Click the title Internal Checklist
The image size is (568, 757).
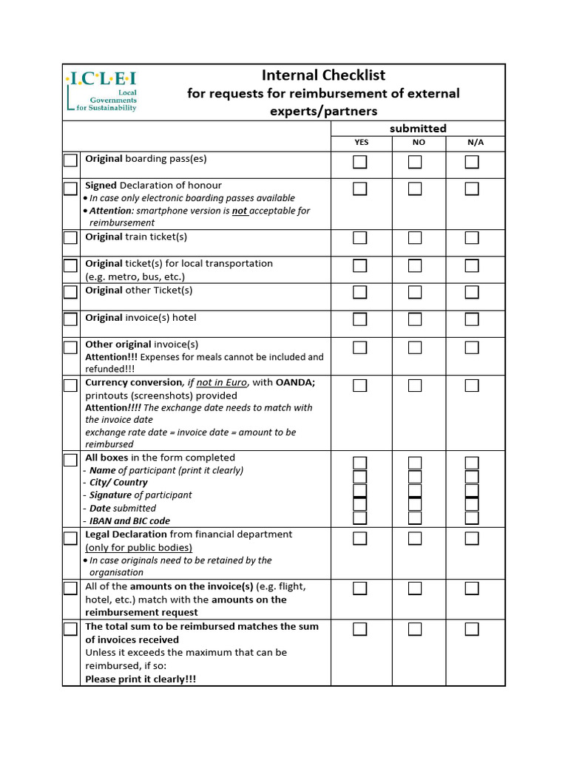pyautogui.click(x=323, y=75)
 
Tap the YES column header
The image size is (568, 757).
pyautogui.click(x=361, y=143)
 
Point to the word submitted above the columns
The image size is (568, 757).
pyautogui.click(x=418, y=129)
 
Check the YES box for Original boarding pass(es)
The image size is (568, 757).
pyautogui.click(x=360, y=162)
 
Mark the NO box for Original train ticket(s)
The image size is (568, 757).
pyautogui.click(x=415, y=237)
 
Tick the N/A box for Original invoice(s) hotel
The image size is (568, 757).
pyautogui.click(x=472, y=319)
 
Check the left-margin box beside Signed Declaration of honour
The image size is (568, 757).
pyautogui.click(x=70, y=189)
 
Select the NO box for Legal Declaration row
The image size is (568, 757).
pyautogui.click(x=415, y=538)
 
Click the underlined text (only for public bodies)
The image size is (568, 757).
pyautogui.click(x=138, y=548)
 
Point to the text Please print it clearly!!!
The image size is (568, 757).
pyautogui.click(x=141, y=679)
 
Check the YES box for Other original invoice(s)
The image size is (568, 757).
pyautogui.click(x=360, y=347)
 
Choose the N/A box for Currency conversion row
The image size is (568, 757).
pyautogui.click(x=472, y=385)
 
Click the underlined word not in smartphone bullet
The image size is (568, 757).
pyautogui.click(x=240, y=211)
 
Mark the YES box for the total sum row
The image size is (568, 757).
pyautogui.click(x=360, y=629)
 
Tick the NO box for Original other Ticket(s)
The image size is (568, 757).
pyautogui.click(x=415, y=292)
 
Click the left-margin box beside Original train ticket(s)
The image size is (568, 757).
pyautogui.click(x=70, y=237)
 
